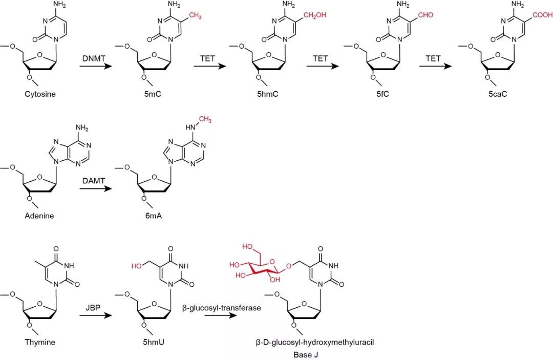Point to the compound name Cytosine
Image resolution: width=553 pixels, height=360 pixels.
click(x=39, y=94)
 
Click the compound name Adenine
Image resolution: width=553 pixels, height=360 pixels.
click(x=39, y=216)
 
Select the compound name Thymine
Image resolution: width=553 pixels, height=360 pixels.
click(x=39, y=342)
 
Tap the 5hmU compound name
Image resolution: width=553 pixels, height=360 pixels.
click(x=152, y=342)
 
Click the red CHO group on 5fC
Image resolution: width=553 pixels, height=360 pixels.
click(x=425, y=15)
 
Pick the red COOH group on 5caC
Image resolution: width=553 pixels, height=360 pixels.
click(x=542, y=15)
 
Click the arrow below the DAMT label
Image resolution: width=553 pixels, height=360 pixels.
click(x=95, y=188)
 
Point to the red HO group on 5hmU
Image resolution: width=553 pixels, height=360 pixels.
click(x=137, y=266)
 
